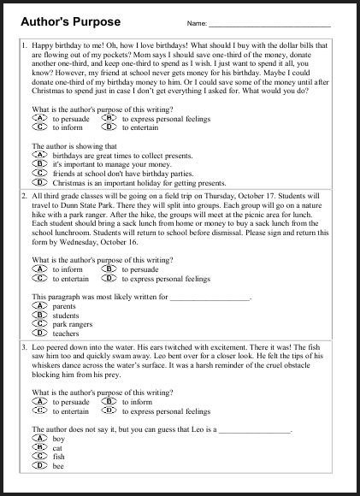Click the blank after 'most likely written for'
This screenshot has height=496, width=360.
[210, 297]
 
